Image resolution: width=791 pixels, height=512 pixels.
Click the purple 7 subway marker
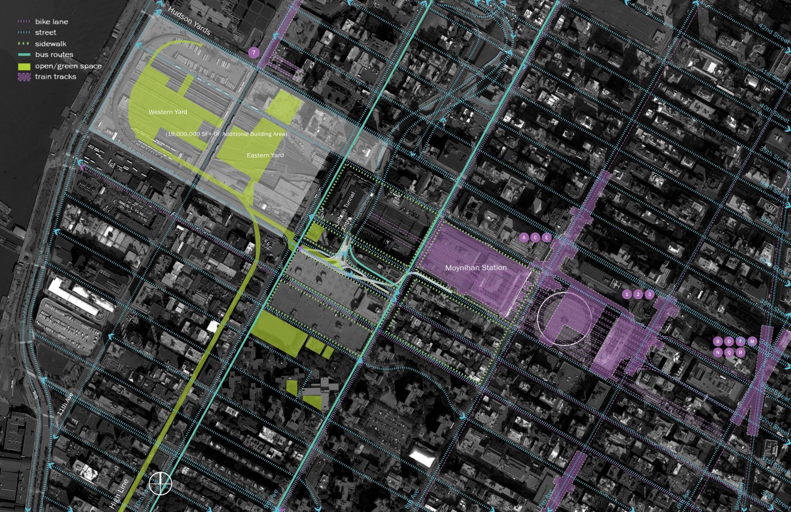(x=254, y=53)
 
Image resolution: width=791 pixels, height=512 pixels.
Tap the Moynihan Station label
(x=476, y=268)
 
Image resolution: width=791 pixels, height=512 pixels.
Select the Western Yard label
(x=168, y=112)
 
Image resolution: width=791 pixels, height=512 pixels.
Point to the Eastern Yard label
(x=265, y=155)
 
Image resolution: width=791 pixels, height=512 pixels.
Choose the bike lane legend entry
(x=51, y=22)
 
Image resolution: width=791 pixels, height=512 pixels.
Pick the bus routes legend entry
(x=54, y=55)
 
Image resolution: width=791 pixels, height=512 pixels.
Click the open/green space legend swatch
(x=24, y=66)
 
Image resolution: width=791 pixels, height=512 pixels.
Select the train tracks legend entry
(x=55, y=76)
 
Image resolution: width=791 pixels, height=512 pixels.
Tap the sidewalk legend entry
(x=51, y=44)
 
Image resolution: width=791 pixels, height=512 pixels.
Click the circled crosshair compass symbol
(x=160, y=483)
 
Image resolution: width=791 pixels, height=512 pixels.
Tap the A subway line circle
(x=524, y=237)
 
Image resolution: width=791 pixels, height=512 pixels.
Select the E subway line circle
(x=546, y=237)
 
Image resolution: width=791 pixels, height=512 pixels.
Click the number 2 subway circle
(x=638, y=294)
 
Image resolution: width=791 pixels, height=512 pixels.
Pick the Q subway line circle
(x=729, y=353)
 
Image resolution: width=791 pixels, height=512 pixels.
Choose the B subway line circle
(x=718, y=341)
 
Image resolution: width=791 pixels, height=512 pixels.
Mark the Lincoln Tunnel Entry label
(x=344, y=210)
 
